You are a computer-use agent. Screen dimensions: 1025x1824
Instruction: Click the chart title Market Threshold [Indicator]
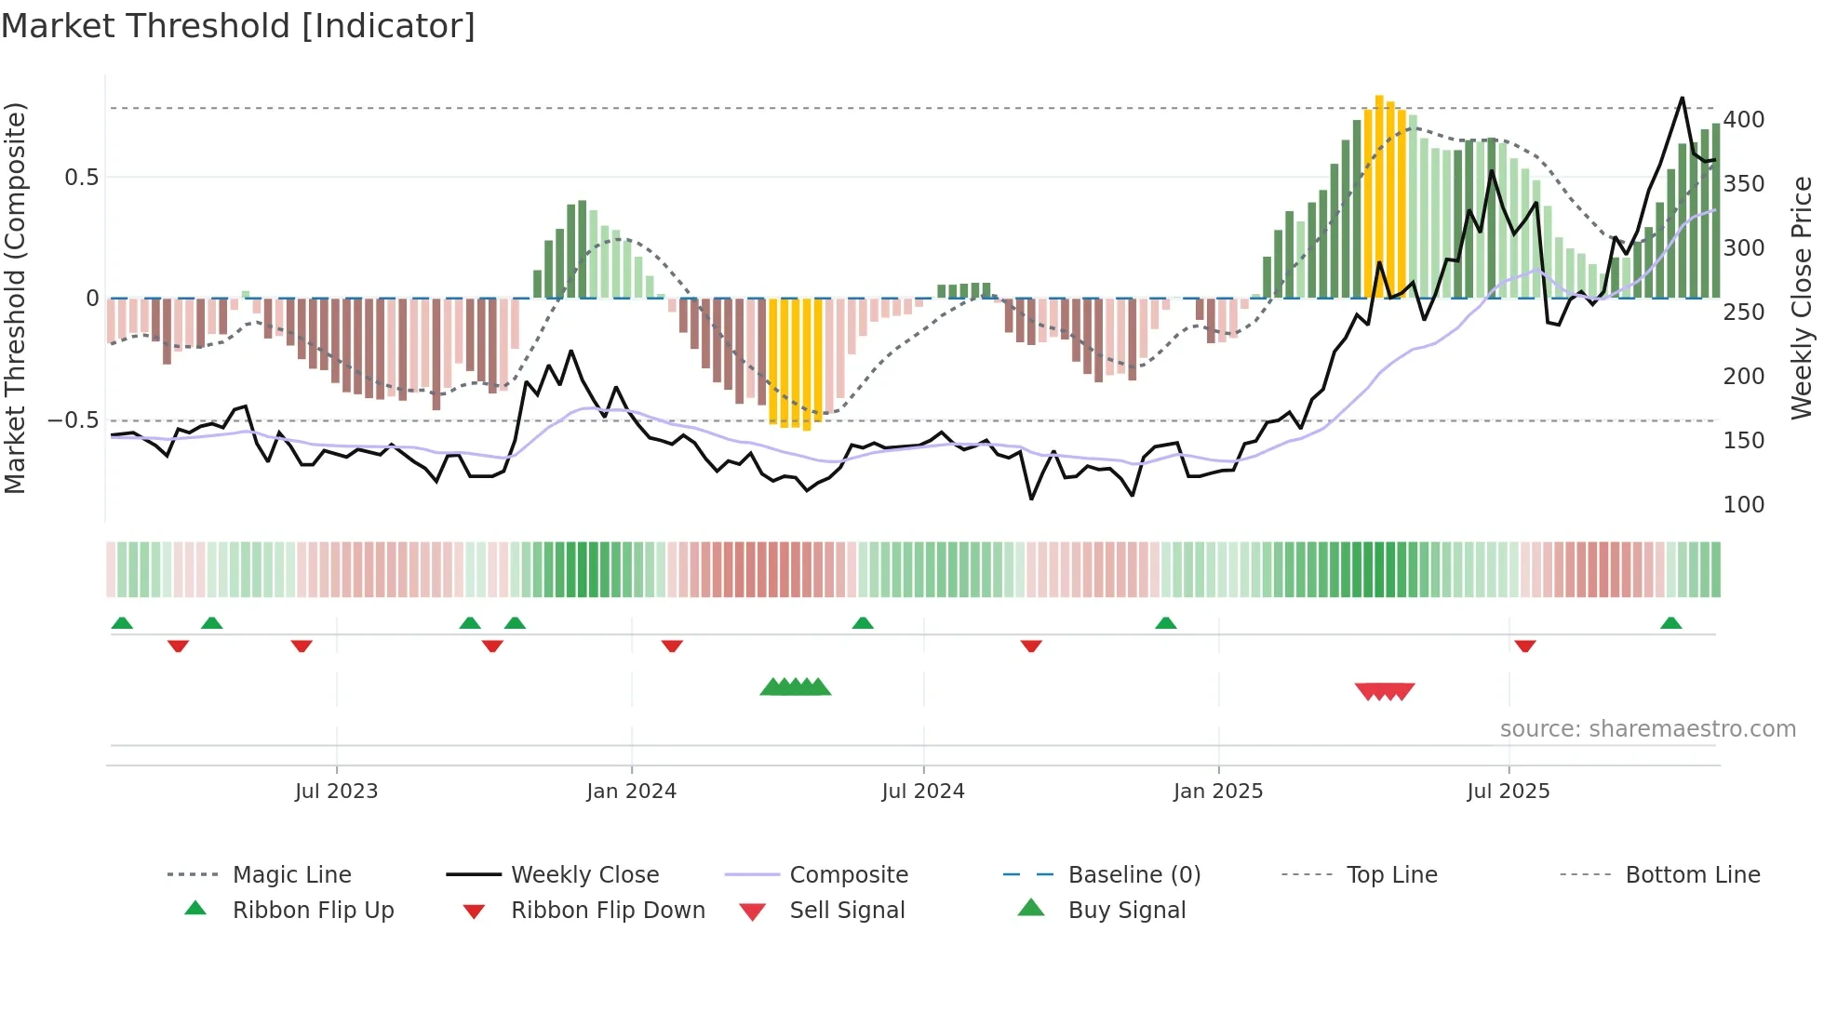238,26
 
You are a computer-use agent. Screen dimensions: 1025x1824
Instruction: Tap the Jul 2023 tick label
336,792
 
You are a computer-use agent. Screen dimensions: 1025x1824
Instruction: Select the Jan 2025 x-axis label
1217,792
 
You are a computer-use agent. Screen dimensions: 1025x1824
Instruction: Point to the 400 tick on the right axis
1743,120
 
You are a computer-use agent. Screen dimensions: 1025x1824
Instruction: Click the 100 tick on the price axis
1743,505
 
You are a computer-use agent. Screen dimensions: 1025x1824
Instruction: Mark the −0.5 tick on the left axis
73,420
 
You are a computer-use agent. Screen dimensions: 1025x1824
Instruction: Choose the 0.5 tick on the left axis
81,178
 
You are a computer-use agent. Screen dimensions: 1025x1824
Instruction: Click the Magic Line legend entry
291,875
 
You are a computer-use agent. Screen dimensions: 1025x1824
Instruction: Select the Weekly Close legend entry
584,875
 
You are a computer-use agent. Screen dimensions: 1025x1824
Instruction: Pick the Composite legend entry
848,875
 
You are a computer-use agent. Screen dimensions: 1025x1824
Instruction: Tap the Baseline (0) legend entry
1133,875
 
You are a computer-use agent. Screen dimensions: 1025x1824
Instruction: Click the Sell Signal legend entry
846,911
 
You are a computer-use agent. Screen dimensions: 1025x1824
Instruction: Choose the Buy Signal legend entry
1126,911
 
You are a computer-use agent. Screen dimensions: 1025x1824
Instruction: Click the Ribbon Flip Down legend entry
607,911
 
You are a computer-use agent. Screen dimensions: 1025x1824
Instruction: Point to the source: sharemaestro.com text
1647,729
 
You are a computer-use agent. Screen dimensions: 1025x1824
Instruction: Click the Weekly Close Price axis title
1802,298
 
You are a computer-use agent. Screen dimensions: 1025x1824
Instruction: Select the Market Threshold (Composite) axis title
15,298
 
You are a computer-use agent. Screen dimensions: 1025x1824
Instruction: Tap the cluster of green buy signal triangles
795,688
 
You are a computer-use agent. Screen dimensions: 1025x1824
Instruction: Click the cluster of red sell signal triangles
1384,691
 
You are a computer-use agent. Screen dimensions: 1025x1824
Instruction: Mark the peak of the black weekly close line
1682,98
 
